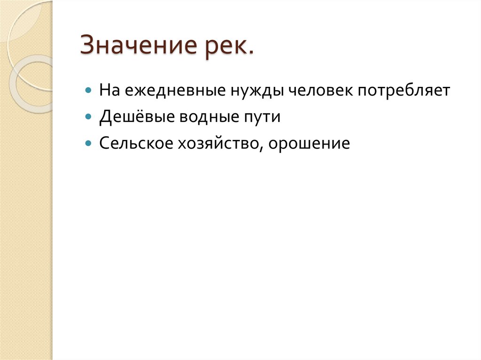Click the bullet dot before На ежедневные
click(x=88, y=90)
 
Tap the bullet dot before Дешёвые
click(x=88, y=116)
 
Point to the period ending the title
click(x=250, y=54)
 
